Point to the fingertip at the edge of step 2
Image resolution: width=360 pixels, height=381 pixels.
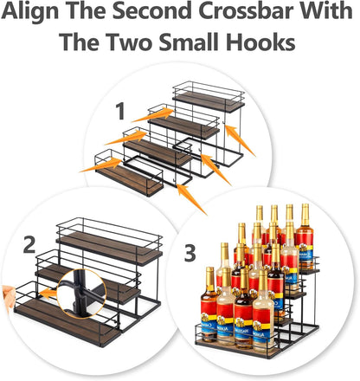6,294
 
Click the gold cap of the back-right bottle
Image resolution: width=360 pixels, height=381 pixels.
305,210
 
